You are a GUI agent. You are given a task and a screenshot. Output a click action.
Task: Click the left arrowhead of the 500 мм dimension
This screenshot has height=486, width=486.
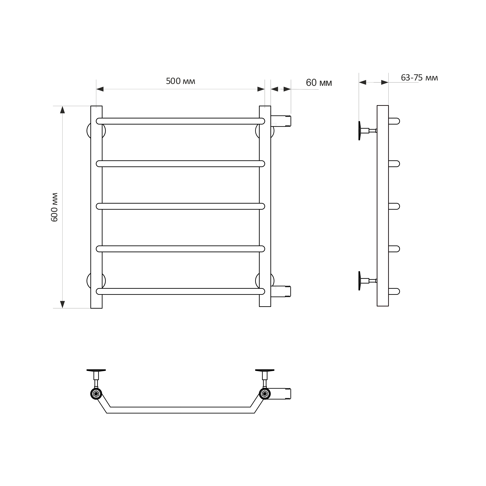point(100,89)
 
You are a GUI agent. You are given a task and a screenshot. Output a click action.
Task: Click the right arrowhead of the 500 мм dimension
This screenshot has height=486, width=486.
point(261,89)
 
